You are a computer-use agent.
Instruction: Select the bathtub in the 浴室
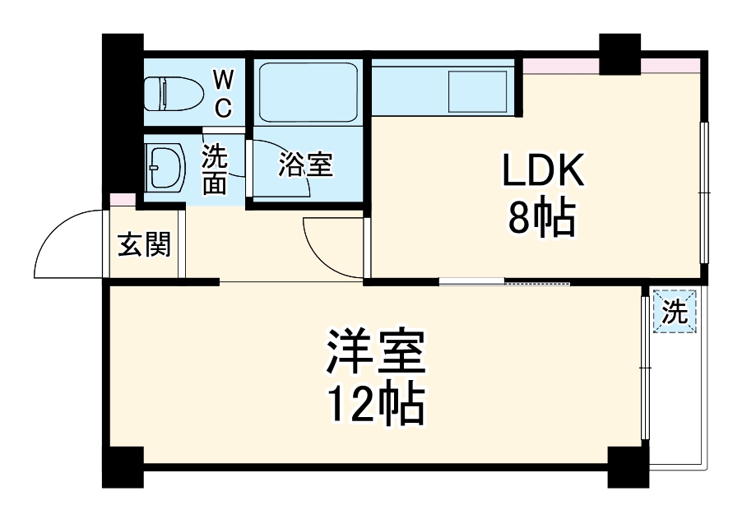(306, 91)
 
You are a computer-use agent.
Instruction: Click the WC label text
(223, 93)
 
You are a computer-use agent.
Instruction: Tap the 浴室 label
(305, 165)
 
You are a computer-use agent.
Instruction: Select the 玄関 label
(145, 244)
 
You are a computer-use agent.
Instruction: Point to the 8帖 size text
(541, 220)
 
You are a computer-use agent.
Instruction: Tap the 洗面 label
(215, 169)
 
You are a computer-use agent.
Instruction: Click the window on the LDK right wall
(703, 192)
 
